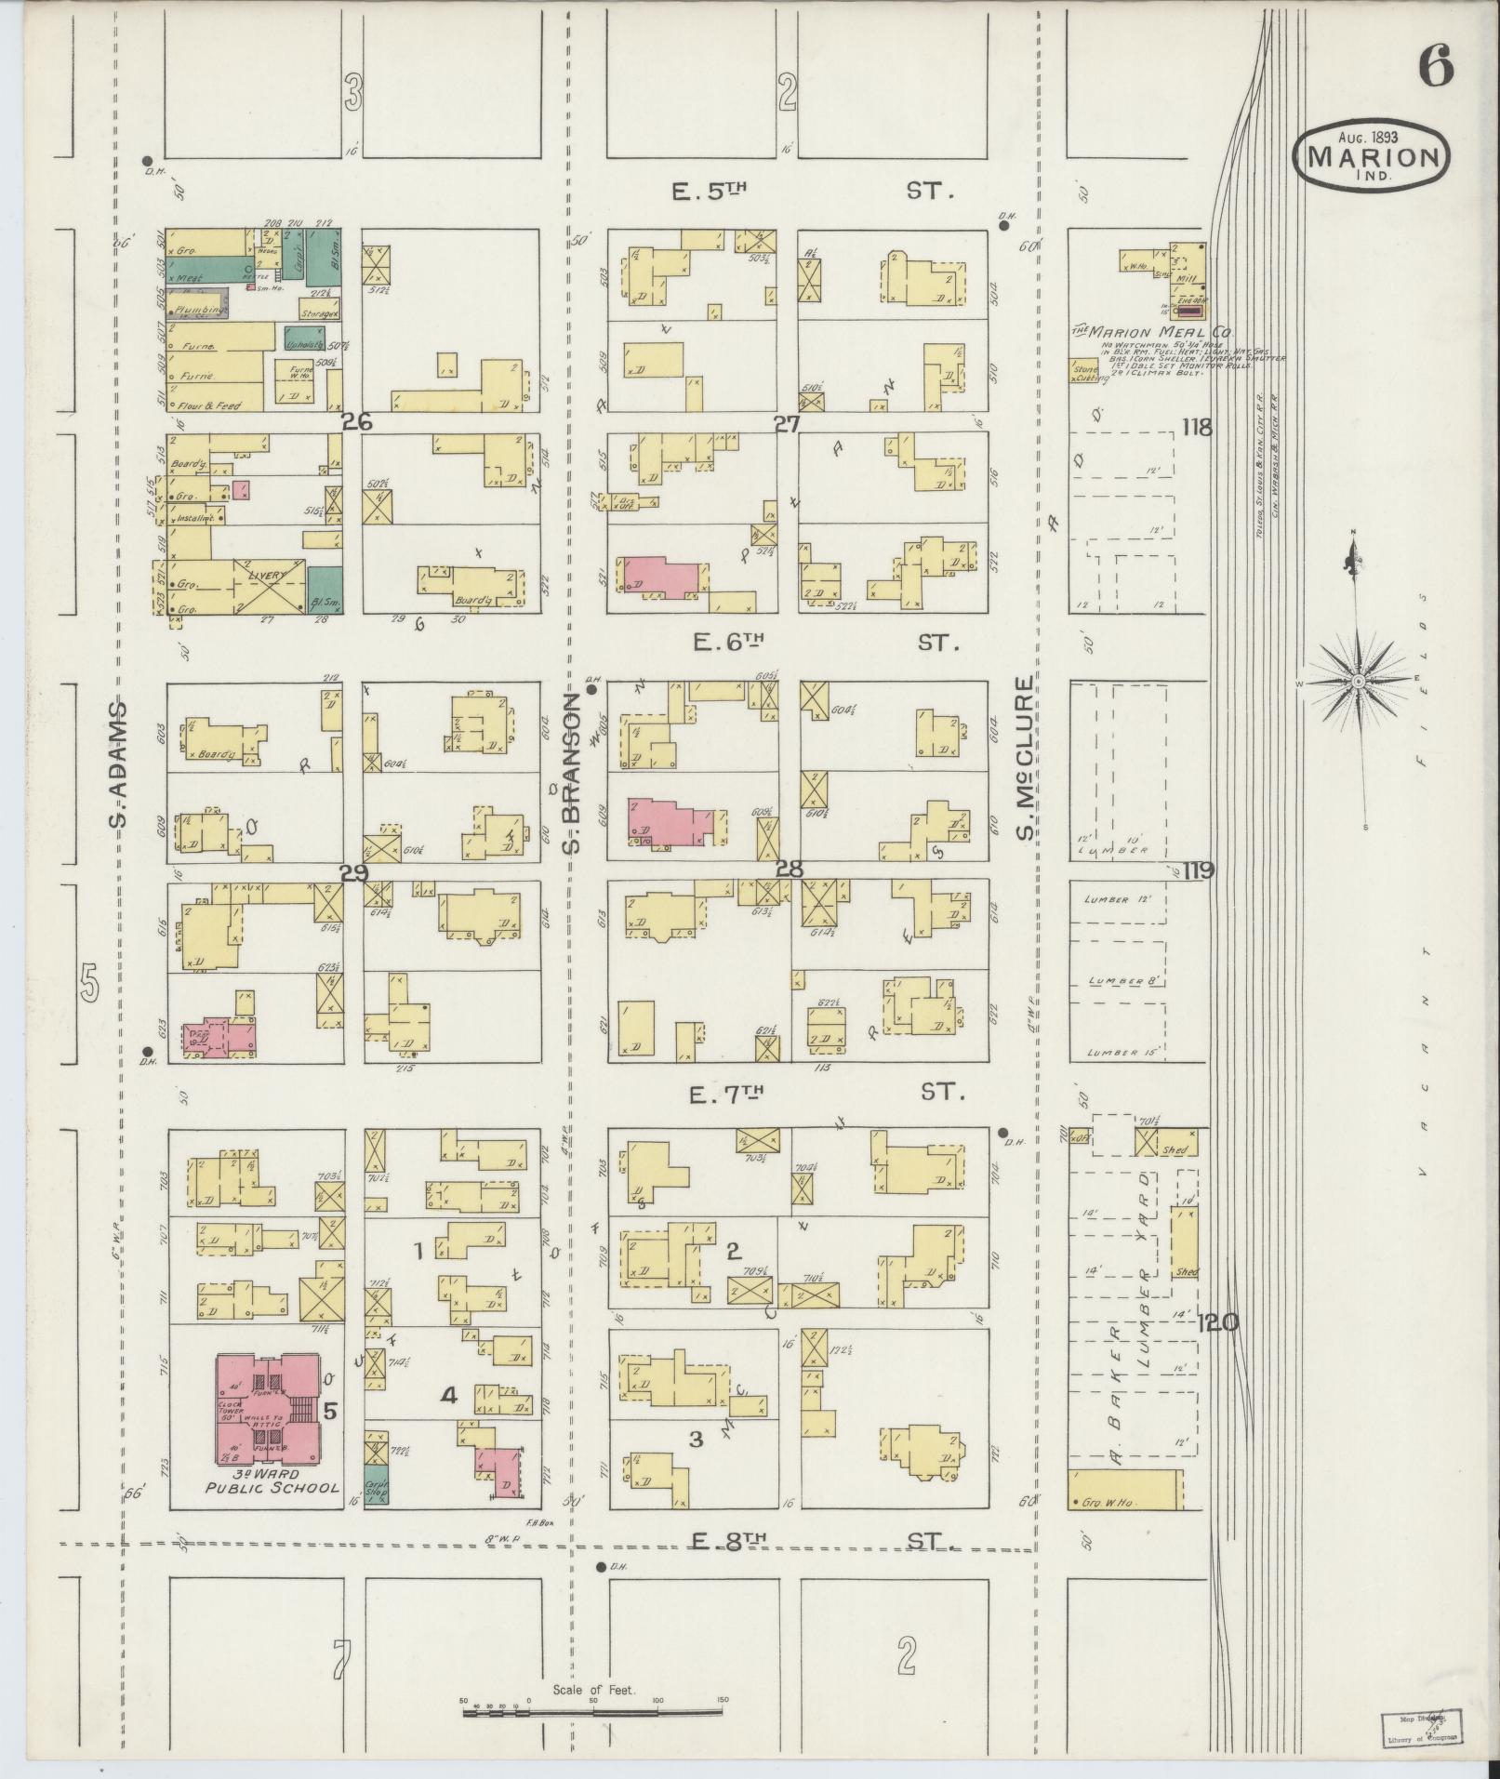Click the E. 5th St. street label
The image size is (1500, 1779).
pyautogui.click(x=809, y=193)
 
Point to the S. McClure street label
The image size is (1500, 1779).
pyautogui.click(x=1026, y=758)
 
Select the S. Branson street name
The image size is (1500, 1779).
pyautogui.click(x=574, y=781)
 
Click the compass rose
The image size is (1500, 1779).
pyautogui.click(x=1359, y=682)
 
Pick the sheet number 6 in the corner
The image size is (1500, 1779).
pyautogui.click(x=1436, y=67)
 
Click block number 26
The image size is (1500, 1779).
pyautogui.click(x=356, y=422)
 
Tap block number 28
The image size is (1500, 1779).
pyautogui.click(x=789, y=869)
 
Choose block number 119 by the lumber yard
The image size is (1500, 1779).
pyautogui.click(x=1200, y=871)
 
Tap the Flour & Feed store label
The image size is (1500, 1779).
pyautogui.click(x=216, y=405)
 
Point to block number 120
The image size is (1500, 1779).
pyautogui.click(x=1217, y=1322)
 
